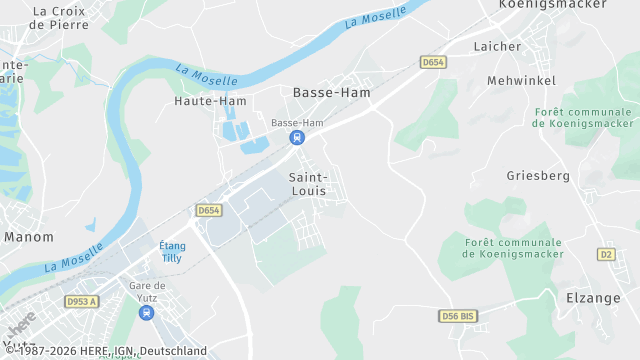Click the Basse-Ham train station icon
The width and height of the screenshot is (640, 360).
click(296, 138)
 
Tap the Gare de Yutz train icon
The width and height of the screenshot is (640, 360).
click(147, 312)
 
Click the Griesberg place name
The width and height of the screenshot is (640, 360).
click(538, 176)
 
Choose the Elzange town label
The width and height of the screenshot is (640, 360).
click(594, 297)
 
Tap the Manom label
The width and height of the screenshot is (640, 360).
click(29, 237)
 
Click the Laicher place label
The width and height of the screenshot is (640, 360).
click(497, 46)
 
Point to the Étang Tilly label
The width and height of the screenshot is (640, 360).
click(172, 251)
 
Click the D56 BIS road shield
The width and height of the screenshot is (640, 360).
click(458, 316)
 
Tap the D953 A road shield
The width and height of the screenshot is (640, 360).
click(83, 301)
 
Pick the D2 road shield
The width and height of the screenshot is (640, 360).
click(606, 254)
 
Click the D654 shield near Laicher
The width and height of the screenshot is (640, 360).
click(432, 62)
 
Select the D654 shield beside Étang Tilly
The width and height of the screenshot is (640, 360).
click(208, 210)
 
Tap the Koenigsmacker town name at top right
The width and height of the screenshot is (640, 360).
click(553, 4)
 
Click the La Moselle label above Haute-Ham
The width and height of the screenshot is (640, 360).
click(207, 75)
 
